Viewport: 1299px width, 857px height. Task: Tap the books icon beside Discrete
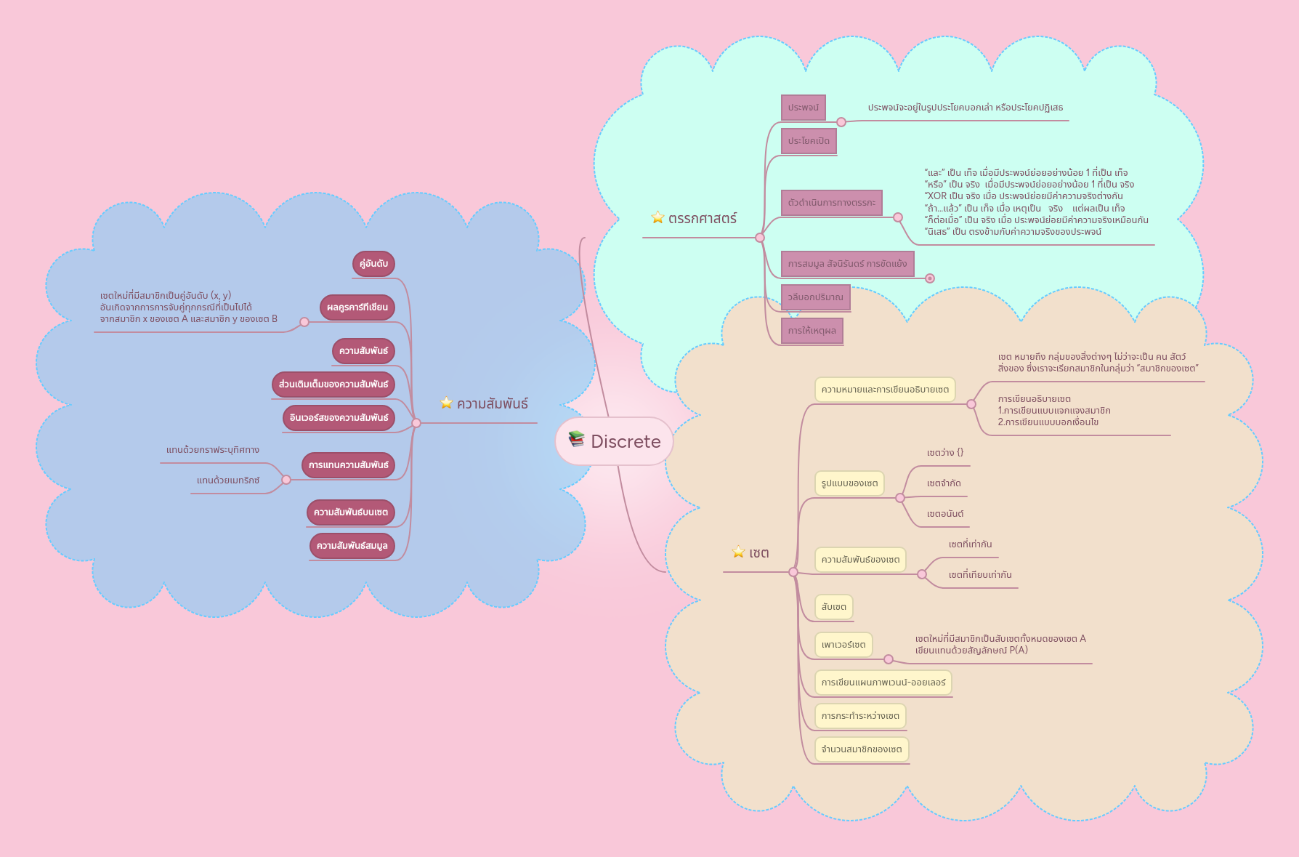click(x=576, y=438)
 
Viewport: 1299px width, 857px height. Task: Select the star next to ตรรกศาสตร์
click(x=657, y=217)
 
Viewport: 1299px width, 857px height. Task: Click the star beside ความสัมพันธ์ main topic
click(x=446, y=403)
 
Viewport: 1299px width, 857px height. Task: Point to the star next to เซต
click(x=738, y=552)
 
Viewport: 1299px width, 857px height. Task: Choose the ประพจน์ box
click(x=803, y=108)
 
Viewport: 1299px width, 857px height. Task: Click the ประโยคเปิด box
click(x=809, y=141)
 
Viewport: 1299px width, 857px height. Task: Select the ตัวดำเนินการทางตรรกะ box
click(x=831, y=203)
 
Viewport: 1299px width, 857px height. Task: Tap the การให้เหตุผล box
click(x=812, y=331)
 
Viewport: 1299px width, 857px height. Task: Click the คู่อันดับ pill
click(x=373, y=264)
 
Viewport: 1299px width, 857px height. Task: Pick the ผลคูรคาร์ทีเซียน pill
click(x=357, y=307)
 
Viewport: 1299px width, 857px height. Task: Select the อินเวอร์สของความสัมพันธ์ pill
click(x=339, y=418)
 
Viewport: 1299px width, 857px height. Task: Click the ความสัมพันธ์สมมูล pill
click(x=352, y=546)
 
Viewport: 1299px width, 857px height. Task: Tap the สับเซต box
click(x=833, y=607)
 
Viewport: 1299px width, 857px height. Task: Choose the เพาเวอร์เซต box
click(x=843, y=645)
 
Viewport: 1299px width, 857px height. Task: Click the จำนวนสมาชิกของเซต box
click(x=861, y=749)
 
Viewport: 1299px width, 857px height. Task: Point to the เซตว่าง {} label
click(x=944, y=453)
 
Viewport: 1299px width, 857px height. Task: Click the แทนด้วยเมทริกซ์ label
click(x=227, y=480)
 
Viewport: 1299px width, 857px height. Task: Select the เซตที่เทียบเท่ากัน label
click(x=979, y=575)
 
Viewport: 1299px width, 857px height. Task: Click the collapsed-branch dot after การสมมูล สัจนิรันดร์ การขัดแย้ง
click(x=930, y=278)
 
